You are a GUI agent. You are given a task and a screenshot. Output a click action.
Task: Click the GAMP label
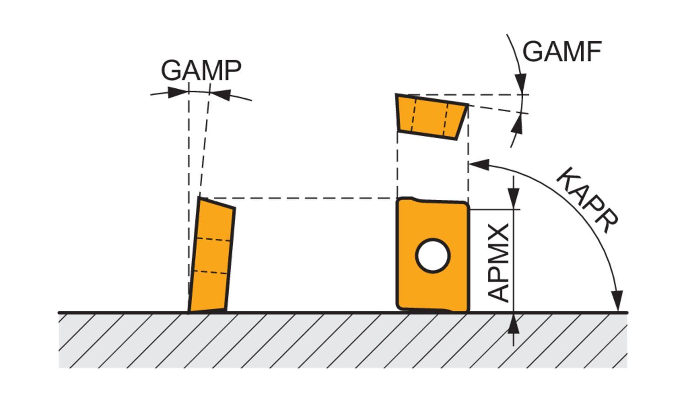click(201, 70)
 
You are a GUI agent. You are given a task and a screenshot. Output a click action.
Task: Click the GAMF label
click(561, 51)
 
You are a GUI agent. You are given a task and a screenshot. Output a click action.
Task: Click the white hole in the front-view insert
click(433, 256)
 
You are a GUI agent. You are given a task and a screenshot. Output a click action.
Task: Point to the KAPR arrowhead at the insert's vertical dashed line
click(478, 165)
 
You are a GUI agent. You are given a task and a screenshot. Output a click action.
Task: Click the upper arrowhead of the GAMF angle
click(520, 83)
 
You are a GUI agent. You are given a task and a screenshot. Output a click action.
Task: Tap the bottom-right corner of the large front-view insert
click(467, 310)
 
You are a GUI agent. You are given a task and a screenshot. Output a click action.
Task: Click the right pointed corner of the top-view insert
click(467, 106)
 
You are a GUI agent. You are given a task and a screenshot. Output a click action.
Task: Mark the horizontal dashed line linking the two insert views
click(297, 198)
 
